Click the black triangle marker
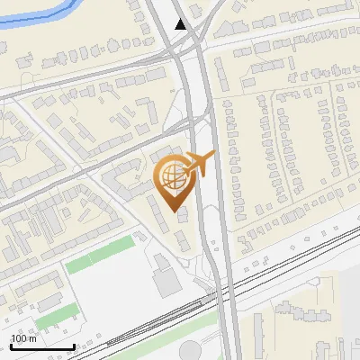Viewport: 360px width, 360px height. (x=182, y=23)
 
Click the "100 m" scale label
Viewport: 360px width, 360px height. (x=23, y=338)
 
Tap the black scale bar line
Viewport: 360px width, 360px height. (x=42, y=346)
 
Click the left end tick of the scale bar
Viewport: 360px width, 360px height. (x=10, y=345)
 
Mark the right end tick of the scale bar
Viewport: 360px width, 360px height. (x=74, y=345)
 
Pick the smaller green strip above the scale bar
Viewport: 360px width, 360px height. (x=58, y=316)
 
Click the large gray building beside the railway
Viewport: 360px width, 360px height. (x=166, y=281)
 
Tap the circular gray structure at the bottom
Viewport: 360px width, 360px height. (x=192, y=351)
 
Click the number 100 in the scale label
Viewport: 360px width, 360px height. (x=19, y=338)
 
